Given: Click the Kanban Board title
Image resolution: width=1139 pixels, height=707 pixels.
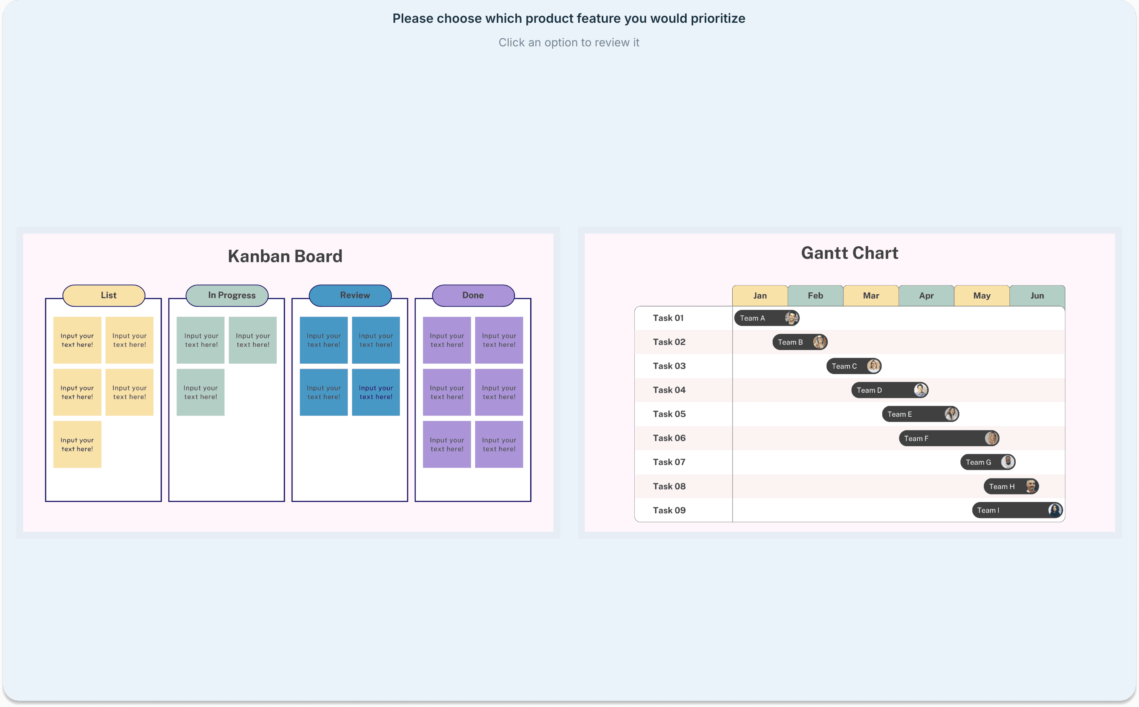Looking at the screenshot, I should click(x=285, y=256).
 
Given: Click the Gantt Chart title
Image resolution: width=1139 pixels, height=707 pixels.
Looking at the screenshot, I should click(x=849, y=253).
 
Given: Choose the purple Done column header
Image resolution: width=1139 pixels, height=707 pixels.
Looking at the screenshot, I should click(x=473, y=295).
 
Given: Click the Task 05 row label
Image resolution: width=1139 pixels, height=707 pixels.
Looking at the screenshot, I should click(x=669, y=414).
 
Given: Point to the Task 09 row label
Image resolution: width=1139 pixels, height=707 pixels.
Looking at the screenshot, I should click(x=669, y=511).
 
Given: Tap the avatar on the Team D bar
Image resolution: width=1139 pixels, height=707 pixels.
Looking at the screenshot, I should click(x=920, y=390).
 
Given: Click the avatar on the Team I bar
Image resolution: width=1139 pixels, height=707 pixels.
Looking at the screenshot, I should click(x=1054, y=510).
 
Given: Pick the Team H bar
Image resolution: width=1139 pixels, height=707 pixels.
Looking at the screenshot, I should click(x=1006, y=487).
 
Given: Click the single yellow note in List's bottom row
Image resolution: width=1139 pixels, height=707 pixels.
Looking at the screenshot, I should click(x=77, y=445).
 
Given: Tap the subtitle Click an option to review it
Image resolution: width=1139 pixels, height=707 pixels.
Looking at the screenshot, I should click(x=569, y=42).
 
